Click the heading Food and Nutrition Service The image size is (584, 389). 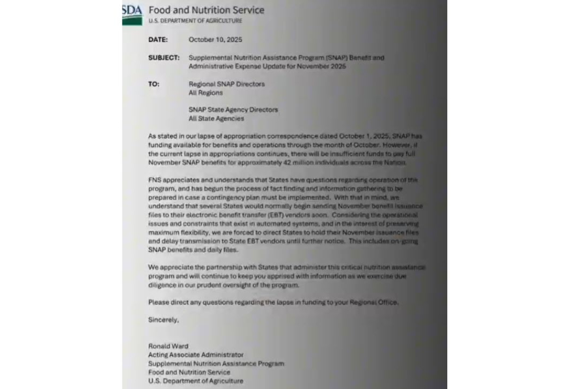[206, 10]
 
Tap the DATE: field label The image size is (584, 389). [158, 39]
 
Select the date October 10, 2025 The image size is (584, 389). [215, 39]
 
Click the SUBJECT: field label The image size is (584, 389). [164, 58]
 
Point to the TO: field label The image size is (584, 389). [154, 84]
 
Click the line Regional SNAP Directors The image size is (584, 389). [226, 84]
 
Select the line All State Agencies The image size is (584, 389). [216, 119]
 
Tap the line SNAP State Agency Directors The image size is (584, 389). [233, 110]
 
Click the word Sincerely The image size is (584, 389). [163, 320]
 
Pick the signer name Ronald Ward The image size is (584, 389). [168, 346]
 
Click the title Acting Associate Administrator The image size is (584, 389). [196, 355]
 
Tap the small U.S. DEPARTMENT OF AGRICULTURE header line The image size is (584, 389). [195, 21]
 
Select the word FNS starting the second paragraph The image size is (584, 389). [155, 180]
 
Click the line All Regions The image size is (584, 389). [205, 93]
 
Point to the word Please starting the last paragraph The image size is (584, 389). [158, 302]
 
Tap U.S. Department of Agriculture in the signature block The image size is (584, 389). [196, 381]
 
